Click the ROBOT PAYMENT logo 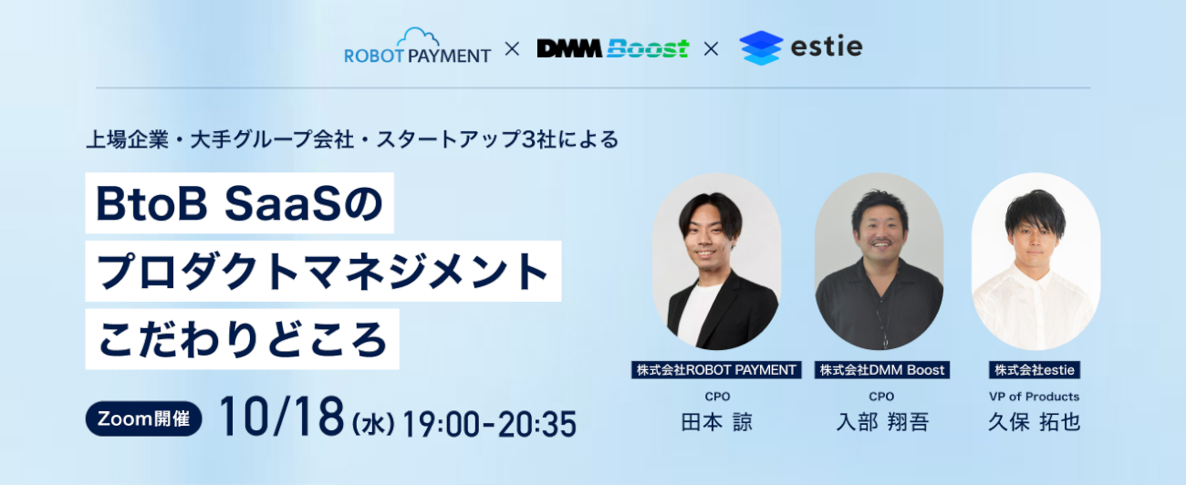[x=417, y=46]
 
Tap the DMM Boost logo [x=613, y=48]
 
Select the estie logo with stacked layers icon [x=801, y=47]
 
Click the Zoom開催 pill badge [x=143, y=418]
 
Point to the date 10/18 [x=282, y=417]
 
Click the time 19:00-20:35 [x=489, y=424]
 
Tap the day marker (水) [x=373, y=424]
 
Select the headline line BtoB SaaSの [x=239, y=203]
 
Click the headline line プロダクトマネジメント [x=323, y=272]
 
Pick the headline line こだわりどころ [x=242, y=339]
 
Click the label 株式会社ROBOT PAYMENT [x=716, y=370]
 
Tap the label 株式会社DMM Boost [x=882, y=370]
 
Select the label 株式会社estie [x=1035, y=370]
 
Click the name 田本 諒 [x=716, y=422]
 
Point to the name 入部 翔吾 [x=882, y=422]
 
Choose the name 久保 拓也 [x=1034, y=422]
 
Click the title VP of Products [x=1034, y=397]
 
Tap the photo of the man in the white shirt [x=1035, y=262]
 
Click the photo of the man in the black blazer [x=716, y=262]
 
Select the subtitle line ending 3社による [x=352, y=139]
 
